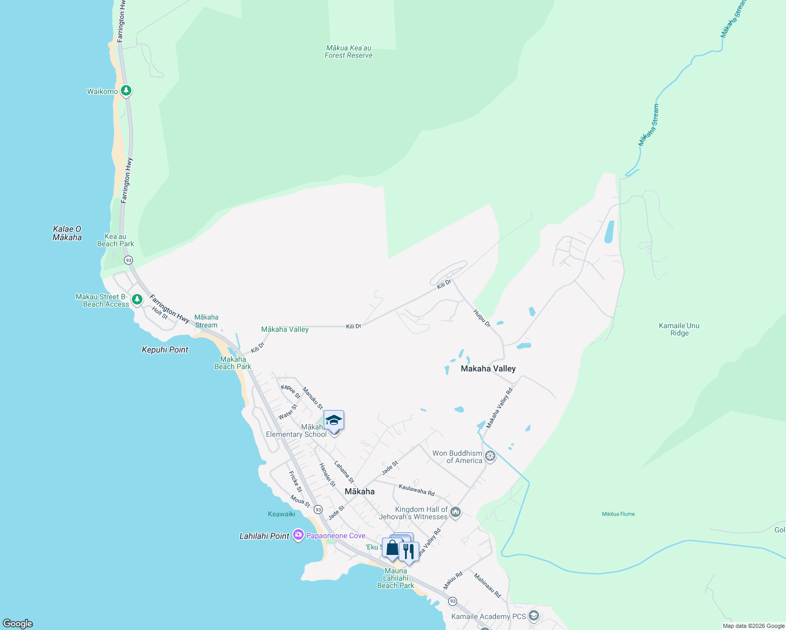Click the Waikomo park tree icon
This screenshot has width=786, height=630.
pos(126,91)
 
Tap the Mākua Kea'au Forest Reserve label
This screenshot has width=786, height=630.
pos(348,51)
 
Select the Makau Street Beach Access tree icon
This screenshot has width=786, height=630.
pos(137,299)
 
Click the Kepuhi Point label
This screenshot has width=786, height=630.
pos(165,350)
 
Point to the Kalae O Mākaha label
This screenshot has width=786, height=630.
pos(67,233)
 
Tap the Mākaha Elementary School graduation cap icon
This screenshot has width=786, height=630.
pos(334,421)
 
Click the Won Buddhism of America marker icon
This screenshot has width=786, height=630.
pos(490,456)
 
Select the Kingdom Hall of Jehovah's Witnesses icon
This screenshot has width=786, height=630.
pos(456,512)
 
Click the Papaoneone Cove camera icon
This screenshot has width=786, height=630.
pos(298,535)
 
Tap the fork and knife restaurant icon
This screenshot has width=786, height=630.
pos(408,551)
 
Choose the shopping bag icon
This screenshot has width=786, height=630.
pos(392,548)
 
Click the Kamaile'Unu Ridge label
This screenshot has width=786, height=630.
pos(679,329)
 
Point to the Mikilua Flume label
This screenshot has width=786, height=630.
pos(618,514)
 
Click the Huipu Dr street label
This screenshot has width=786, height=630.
pos(482,318)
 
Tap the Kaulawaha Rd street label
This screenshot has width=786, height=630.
pos(416,490)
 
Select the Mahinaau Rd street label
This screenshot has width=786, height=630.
pos(488,585)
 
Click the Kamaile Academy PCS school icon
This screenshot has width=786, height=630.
pos(534,615)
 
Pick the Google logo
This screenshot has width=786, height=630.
pos(18,624)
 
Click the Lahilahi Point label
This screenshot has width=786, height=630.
pos(264,536)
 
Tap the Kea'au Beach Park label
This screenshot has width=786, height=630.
pos(116,240)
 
